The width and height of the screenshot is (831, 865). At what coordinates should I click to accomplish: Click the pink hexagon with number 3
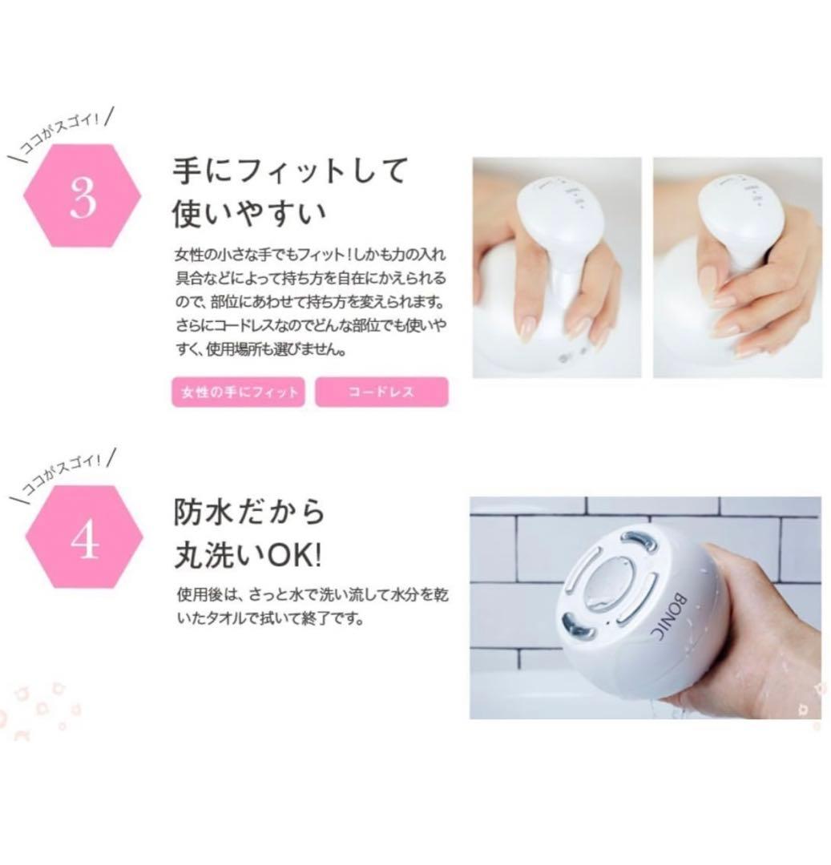pos(83,197)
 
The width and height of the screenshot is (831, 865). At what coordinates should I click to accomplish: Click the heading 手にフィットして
pos(290,171)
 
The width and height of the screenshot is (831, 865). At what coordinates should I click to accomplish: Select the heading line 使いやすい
pos(250,214)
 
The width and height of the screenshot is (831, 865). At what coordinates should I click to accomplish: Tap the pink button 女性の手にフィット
pos(238,392)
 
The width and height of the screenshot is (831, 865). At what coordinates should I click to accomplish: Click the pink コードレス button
pos(381,392)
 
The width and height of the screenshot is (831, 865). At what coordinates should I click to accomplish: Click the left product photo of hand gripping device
pos(556,267)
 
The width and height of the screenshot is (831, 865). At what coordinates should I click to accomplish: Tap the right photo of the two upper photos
pos(737,267)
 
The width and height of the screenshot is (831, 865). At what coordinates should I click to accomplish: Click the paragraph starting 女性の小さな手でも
pos(311,303)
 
